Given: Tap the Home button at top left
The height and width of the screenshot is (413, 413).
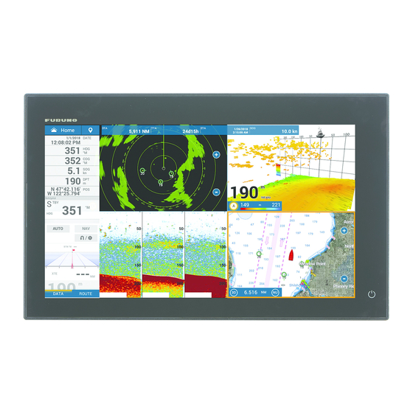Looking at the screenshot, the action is pyautogui.click(x=63, y=129).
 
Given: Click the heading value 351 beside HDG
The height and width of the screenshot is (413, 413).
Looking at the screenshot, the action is pyautogui.click(x=69, y=150).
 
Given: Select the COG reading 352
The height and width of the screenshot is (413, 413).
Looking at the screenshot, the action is pyautogui.click(x=69, y=161).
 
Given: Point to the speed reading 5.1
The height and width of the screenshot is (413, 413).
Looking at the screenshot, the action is pyautogui.click(x=71, y=170).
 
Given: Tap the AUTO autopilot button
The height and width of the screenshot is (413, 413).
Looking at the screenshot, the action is pyautogui.click(x=58, y=229).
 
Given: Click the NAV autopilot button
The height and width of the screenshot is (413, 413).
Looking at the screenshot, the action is pyautogui.click(x=86, y=229).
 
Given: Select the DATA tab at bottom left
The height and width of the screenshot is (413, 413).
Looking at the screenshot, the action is pyautogui.click(x=59, y=293).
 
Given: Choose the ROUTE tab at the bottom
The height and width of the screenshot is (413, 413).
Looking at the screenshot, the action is pyautogui.click(x=85, y=293).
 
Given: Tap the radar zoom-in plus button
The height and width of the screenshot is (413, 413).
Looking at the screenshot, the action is pyautogui.click(x=216, y=156).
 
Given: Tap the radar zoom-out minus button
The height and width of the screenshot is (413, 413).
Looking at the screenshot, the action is pyautogui.click(x=216, y=192).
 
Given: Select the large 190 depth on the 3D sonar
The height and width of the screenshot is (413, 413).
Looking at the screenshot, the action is pyautogui.click(x=243, y=194).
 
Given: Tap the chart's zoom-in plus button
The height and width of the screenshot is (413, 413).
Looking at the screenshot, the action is pyautogui.click(x=344, y=231).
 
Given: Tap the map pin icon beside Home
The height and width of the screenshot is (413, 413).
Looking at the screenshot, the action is pyautogui.click(x=91, y=129).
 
